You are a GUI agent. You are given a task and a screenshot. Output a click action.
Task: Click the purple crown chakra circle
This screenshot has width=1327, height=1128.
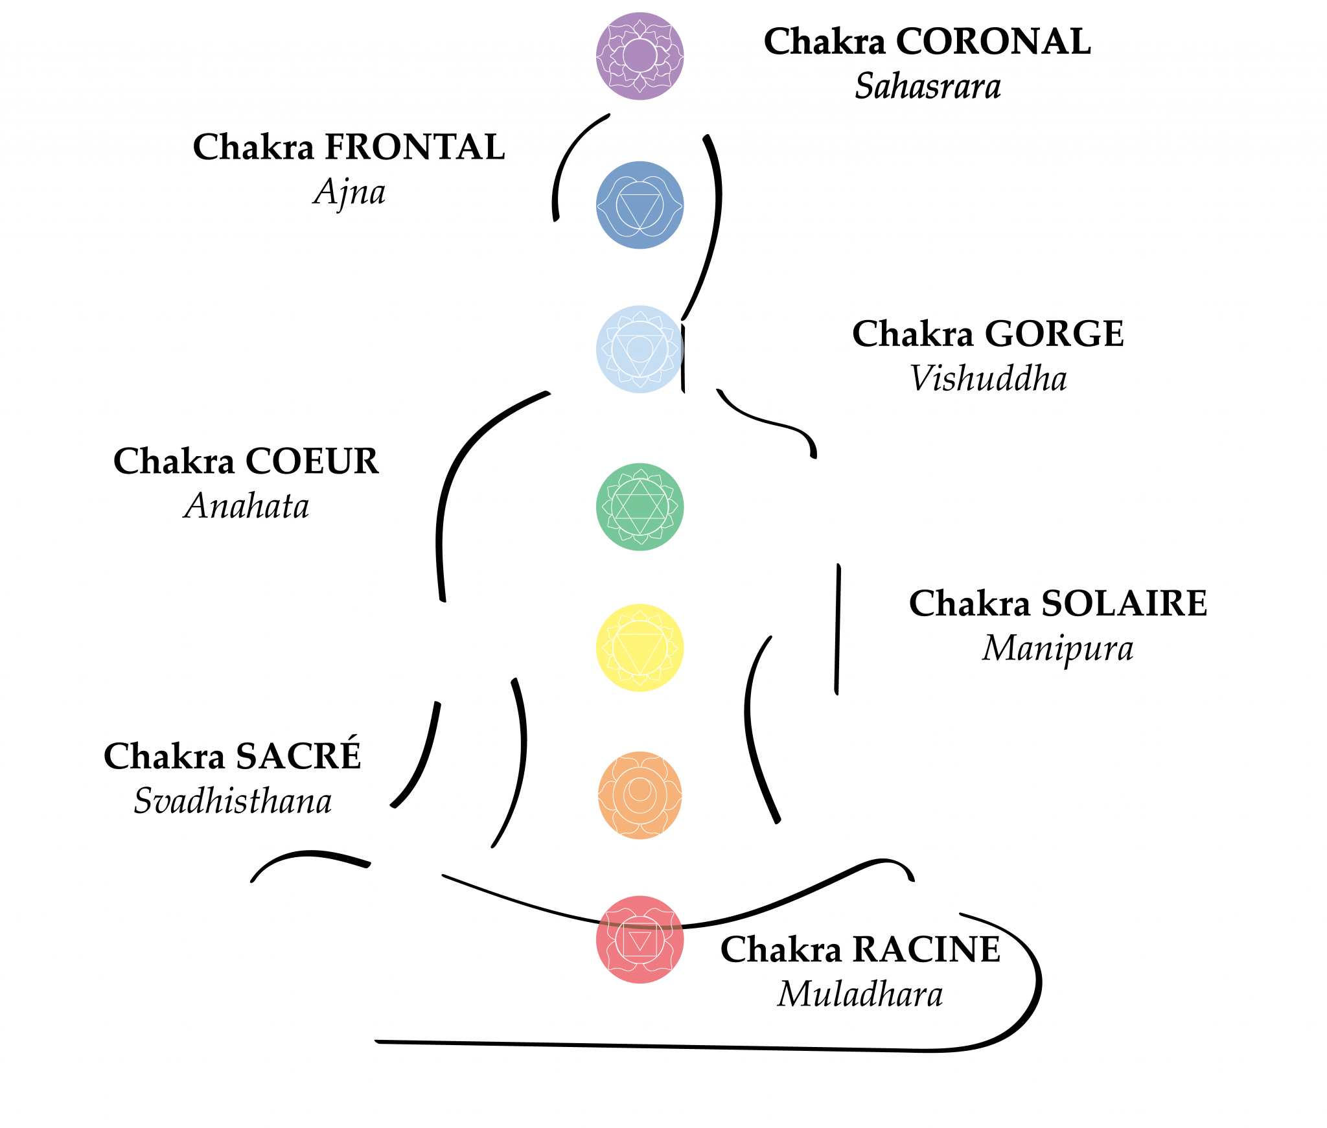pos(640,56)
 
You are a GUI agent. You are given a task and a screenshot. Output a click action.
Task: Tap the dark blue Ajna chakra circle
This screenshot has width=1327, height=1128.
pos(640,205)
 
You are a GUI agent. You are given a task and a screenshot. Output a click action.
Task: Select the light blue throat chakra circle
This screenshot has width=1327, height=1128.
pos(640,349)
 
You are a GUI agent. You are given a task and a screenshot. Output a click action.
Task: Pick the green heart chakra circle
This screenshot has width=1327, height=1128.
pos(640,507)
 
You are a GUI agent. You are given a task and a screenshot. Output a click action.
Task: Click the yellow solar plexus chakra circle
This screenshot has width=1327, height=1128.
pos(640,647)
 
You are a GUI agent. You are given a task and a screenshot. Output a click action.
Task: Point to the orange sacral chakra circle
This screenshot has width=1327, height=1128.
pos(640,795)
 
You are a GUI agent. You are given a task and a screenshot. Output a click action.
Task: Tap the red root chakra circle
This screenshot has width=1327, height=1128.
pos(640,939)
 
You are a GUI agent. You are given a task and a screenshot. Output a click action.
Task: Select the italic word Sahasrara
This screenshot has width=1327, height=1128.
pos(927,86)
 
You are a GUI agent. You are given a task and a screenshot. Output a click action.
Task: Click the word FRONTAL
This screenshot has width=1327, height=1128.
pos(414,147)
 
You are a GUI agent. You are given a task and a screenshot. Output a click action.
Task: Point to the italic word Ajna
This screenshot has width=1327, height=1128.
pos(349,192)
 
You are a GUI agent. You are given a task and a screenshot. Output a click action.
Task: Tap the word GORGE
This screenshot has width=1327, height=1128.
pos(1054,334)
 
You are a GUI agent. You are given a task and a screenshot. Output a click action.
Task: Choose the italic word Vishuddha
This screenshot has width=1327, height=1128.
pos(988,378)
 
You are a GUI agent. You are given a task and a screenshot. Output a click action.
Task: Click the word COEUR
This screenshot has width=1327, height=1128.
pos(312,461)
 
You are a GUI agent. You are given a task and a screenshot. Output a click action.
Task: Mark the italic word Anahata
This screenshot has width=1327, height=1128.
pos(246,506)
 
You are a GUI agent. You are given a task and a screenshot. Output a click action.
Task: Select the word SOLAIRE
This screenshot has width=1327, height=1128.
pos(1124,604)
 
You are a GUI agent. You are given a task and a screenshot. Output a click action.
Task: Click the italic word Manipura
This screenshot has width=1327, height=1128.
pos(1057,649)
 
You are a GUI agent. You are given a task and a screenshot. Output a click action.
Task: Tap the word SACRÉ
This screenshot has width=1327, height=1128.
pos(297,756)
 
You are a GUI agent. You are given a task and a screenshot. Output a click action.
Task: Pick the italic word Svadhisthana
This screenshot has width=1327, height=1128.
pos(233,801)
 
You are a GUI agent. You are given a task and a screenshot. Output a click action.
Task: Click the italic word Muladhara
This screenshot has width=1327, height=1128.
pos(860,994)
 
